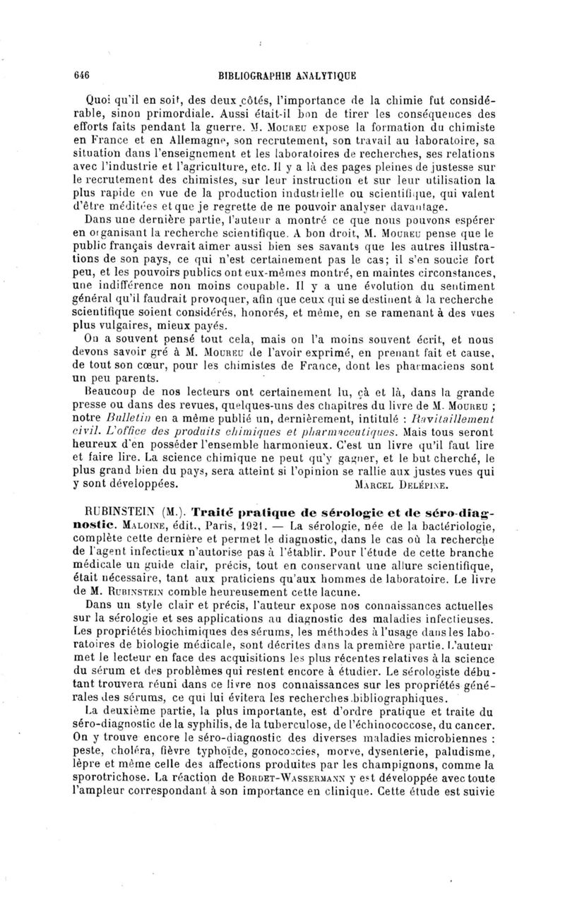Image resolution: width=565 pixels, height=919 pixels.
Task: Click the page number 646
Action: click(85, 73)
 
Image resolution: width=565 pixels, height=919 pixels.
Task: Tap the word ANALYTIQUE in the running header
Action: click(326, 73)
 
